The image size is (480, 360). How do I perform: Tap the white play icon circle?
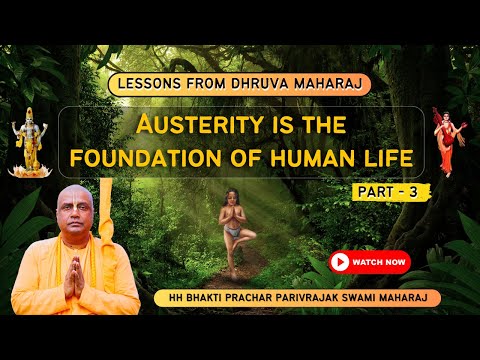(340, 262)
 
